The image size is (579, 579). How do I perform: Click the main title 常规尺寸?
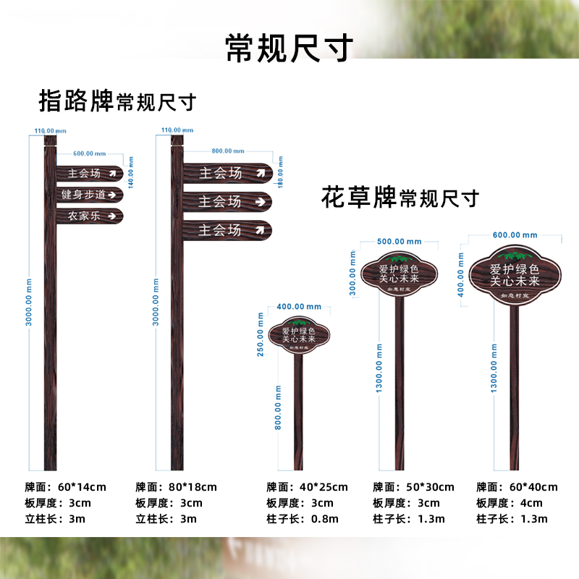tap(289, 48)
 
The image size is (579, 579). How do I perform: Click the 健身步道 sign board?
tap(90, 194)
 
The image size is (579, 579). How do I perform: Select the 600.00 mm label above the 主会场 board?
tap(89, 153)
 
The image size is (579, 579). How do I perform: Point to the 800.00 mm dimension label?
tap(227, 151)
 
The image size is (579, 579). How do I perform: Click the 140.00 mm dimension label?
tap(131, 167)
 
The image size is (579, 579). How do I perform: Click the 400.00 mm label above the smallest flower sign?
tap(298, 307)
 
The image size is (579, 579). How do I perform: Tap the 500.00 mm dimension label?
tap(399, 241)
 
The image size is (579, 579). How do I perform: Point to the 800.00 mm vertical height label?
tap(277, 407)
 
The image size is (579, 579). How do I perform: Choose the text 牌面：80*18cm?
tap(176, 487)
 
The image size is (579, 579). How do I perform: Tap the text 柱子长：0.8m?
tap(302, 519)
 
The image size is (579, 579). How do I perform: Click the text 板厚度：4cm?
tap(509, 503)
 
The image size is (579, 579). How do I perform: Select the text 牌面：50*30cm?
tap(413, 487)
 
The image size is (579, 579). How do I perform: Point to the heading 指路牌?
tap(76, 101)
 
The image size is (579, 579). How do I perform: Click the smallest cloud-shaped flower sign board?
tap(299, 336)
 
